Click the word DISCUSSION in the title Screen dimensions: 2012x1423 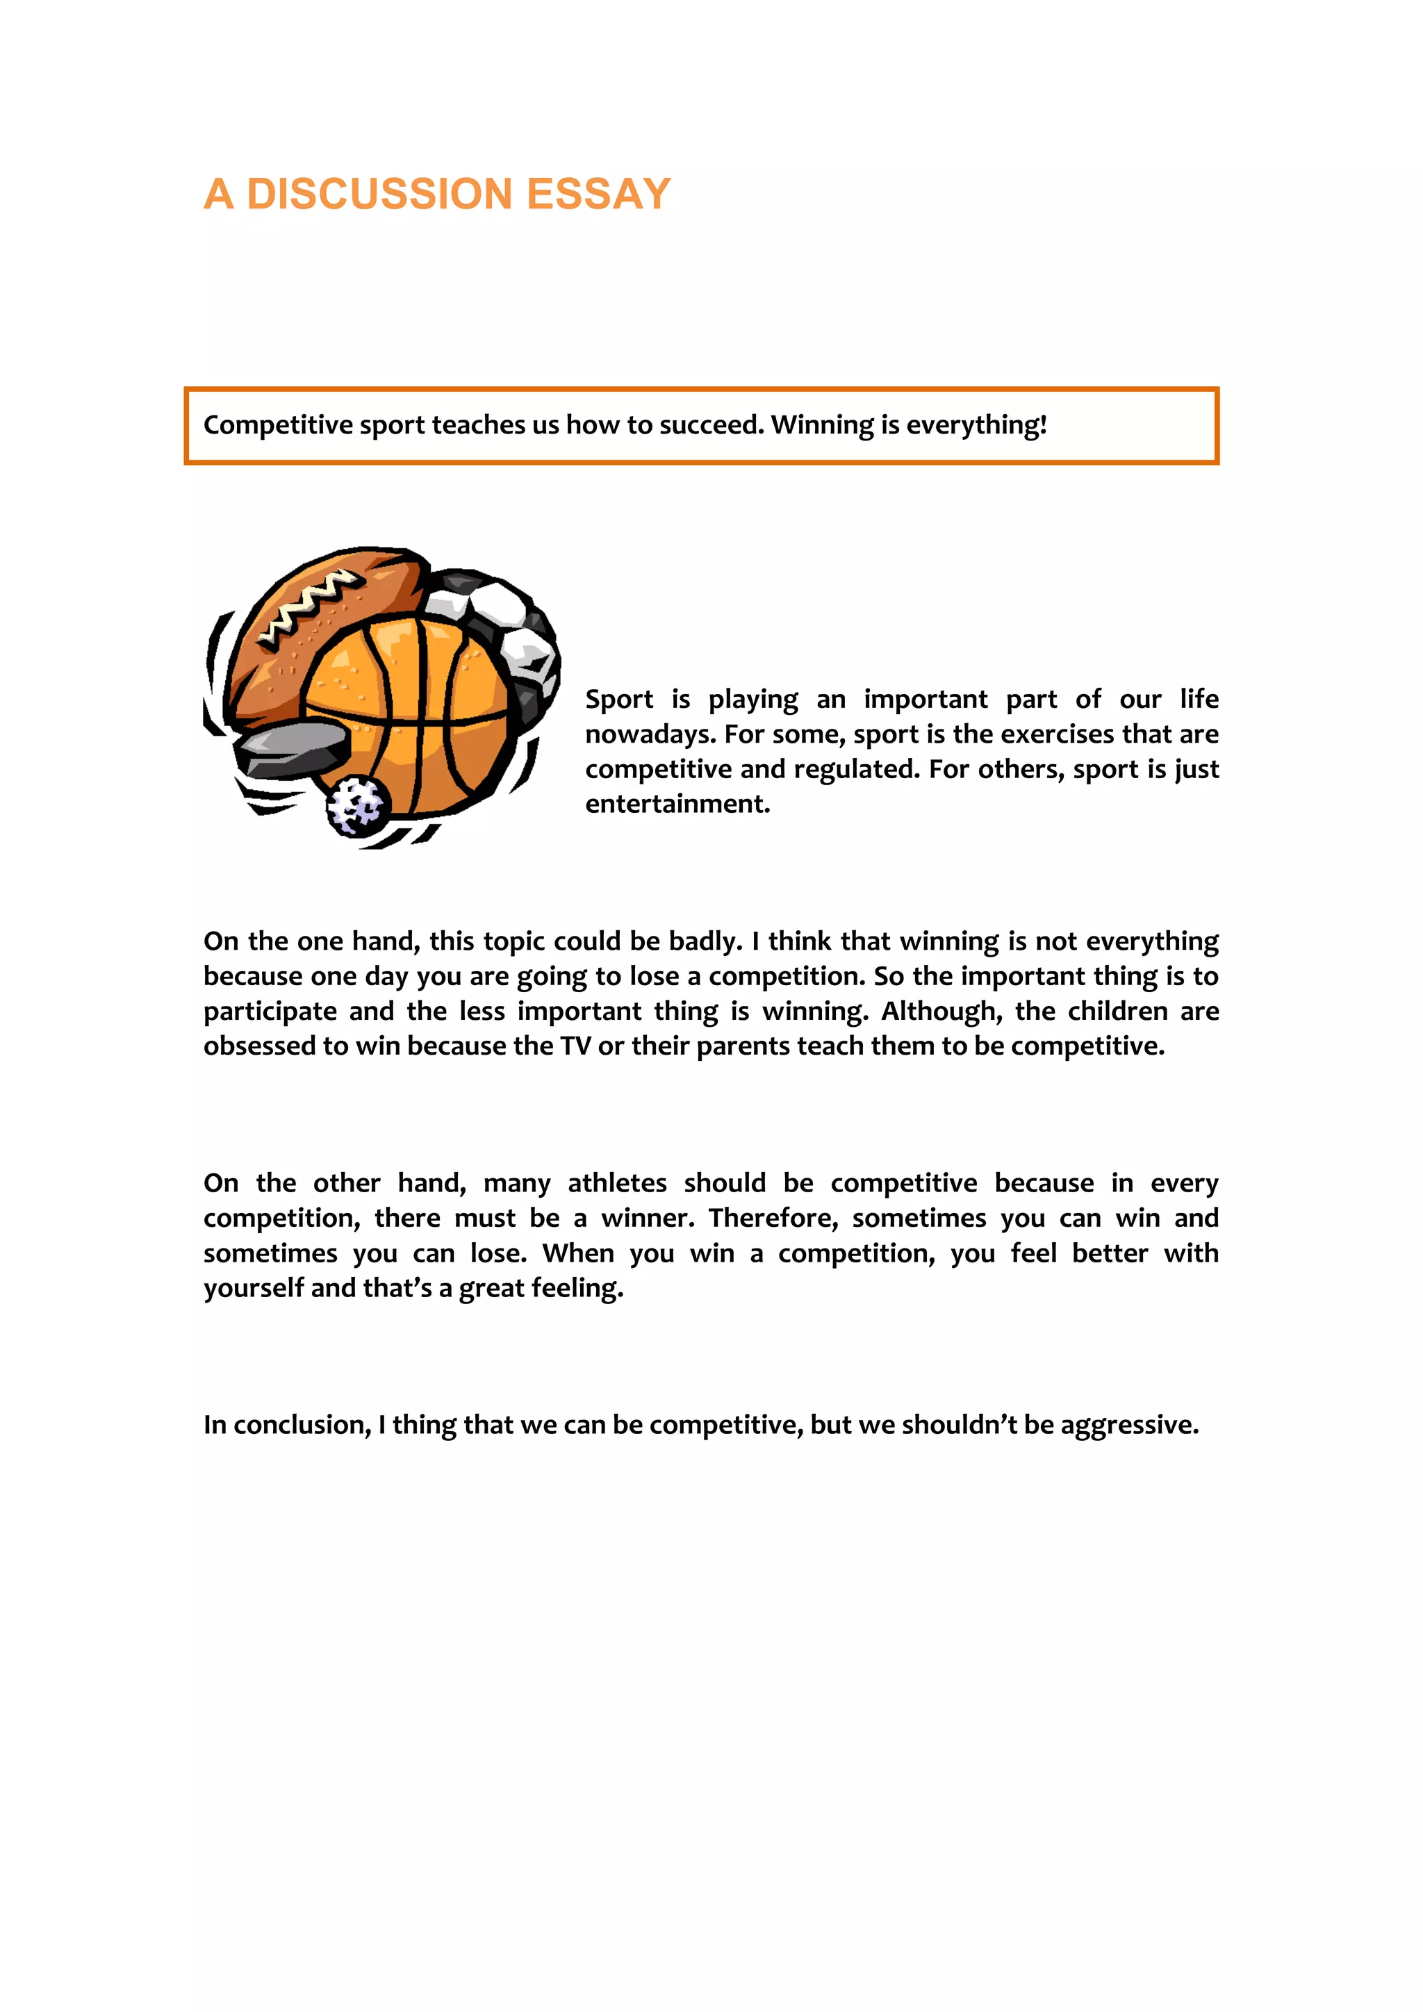(x=379, y=194)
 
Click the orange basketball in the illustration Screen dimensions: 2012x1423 (x=412, y=710)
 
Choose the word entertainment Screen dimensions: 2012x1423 (x=677, y=805)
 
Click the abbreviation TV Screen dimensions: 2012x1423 (x=575, y=1046)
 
